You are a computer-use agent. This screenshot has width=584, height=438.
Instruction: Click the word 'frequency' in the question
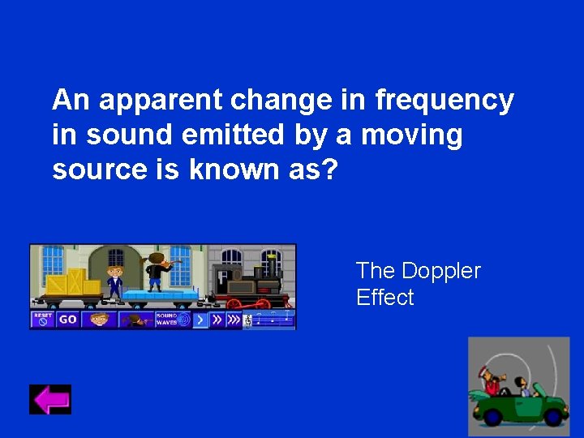coord(444,101)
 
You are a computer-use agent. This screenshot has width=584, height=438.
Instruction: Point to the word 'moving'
coord(411,135)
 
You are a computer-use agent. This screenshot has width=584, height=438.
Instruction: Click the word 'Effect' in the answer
coord(384,298)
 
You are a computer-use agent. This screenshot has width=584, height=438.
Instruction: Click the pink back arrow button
coord(50,400)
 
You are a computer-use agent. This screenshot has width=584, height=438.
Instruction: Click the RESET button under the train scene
coord(43,319)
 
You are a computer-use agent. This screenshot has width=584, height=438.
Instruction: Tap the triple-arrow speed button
coord(234,319)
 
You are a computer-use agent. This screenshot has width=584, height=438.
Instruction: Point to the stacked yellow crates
coord(72,281)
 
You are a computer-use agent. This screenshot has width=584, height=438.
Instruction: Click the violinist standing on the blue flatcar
coord(156,273)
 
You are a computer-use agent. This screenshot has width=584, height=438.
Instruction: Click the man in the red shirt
coord(491,381)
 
